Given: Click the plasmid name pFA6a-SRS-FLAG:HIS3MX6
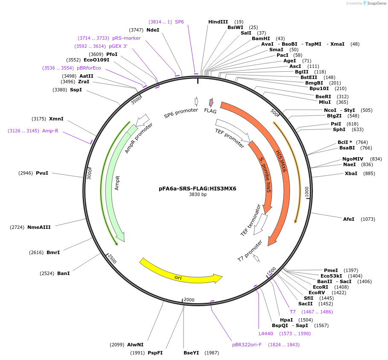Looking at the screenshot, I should coord(198,188).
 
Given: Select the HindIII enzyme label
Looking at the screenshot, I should coord(218,22).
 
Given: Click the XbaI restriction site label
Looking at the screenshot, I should coord(351,174).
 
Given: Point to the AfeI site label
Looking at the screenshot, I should coord(349,219).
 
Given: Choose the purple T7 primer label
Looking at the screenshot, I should coord(293,312).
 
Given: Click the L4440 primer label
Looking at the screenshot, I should coord(265,334).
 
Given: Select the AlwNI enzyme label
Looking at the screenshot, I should coord(135,345).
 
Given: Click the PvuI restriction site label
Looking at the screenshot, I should coord(42,173).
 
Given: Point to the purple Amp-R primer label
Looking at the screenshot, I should coord(50,131).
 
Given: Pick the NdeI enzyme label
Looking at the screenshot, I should coord(153,30).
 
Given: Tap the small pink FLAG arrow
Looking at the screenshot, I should coord(211,102).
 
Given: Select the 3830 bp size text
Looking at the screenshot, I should coord(198,194).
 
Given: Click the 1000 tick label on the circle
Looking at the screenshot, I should coord(306,191).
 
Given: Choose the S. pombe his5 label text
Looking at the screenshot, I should coord(265,174).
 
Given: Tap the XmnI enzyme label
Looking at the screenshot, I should coord(56,119).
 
